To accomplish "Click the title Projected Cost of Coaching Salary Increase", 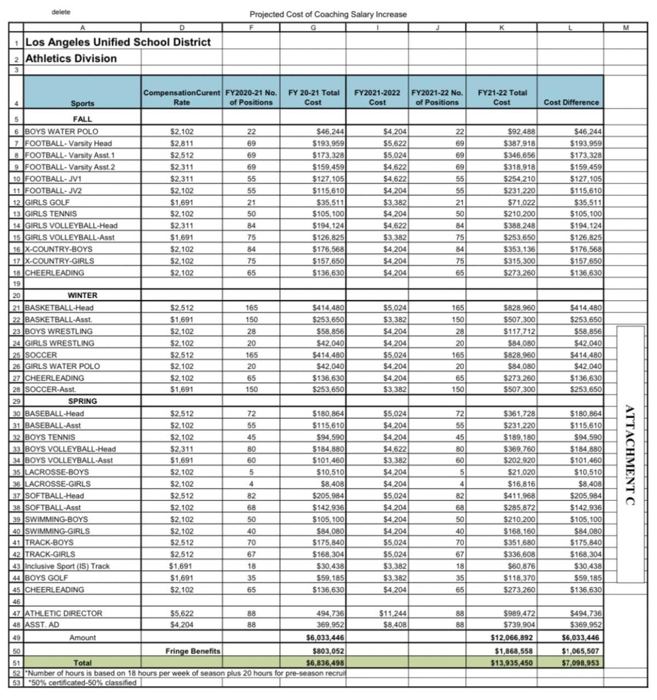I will tap(328, 14).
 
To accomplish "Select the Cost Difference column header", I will tap(571, 102).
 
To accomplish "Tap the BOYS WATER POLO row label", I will tap(62, 131).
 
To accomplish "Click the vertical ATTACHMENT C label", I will tap(630, 455).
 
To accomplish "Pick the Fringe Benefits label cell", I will tap(193, 651).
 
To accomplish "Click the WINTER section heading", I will tap(82, 295).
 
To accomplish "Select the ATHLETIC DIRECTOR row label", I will tap(64, 613).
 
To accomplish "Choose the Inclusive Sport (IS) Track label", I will tap(67, 566).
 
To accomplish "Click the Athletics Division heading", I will tap(71, 59).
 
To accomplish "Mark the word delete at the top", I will tap(61, 12).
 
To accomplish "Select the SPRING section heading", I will tap(82, 401).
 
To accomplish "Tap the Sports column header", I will tap(82, 103).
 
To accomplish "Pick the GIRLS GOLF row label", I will tap(48, 202).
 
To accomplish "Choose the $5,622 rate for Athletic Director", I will tap(182, 613).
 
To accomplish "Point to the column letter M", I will tap(626, 27).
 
